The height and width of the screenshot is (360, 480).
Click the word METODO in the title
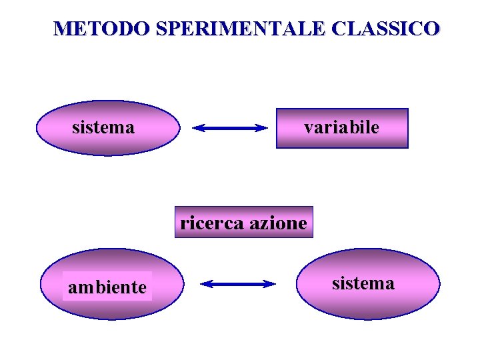pyautogui.click(x=101, y=29)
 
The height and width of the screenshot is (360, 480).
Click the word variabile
pyautogui.click(x=341, y=127)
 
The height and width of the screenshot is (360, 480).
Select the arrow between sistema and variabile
pyautogui.click(x=229, y=129)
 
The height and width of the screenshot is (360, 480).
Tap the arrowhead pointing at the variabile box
pyautogui.click(x=262, y=129)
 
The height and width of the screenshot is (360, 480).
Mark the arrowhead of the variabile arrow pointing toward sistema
pyautogui.click(x=197, y=129)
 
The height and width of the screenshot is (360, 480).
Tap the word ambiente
pyautogui.click(x=107, y=287)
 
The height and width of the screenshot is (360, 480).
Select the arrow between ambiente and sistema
pyautogui.click(x=238, y=284)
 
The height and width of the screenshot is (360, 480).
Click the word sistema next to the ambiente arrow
pyautogui.click(x=363, y=283)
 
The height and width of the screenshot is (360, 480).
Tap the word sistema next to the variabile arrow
pyautogui.click(x=103, y=127)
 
